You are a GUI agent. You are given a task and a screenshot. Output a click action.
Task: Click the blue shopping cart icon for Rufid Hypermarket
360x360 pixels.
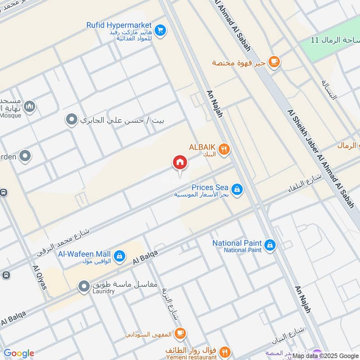click(x=160, y=31)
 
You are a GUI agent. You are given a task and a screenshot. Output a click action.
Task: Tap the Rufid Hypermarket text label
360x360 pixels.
click(x=119, y=25)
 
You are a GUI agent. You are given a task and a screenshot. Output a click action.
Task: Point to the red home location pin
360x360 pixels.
click(x=180, y=163)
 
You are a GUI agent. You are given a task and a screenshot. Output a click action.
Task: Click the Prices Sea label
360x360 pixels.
click(x=210, y=187)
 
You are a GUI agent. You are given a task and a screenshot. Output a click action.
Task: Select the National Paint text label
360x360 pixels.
click(x=237, y=243)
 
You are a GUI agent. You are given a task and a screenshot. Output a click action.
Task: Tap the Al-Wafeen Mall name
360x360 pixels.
click(x=85, y=253)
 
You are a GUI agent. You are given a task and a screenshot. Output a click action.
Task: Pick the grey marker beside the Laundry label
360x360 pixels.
click(x=84, y=286)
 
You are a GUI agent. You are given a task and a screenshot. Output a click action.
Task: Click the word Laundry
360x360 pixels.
click(x=103, y=292)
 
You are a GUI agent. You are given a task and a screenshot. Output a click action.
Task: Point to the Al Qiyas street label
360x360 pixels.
click(x=40, y=277)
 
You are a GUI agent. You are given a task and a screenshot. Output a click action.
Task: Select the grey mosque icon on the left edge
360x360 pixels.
click(x=30, y=107)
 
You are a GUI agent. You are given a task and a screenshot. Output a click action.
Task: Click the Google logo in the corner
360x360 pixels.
click(x=18, y=353)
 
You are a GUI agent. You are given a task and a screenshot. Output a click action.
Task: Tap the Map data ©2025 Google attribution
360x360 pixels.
click(x=325, y=356)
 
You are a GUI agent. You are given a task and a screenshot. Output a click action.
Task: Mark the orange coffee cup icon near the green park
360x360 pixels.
click(x=273, y=62)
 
